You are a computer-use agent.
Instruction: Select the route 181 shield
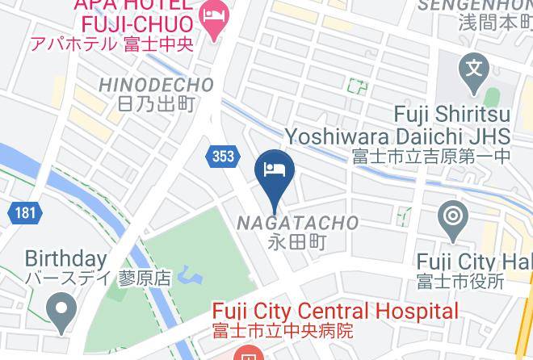click(x=24, y=213)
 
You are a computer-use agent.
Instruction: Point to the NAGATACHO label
click(x=298, y=222)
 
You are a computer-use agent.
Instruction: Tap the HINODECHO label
click(x=156, y=85)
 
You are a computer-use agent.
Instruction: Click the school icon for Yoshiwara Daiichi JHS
click(x=472, y=68)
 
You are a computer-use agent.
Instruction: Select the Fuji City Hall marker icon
click(x=451, y=217)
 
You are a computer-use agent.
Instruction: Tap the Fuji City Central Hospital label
click(x=335, y=312)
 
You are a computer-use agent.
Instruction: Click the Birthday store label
click(x=65, y=259)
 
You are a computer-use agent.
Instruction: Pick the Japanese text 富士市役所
click(x=461, y=281)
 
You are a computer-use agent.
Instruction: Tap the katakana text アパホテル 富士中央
click(x=111, y=44)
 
